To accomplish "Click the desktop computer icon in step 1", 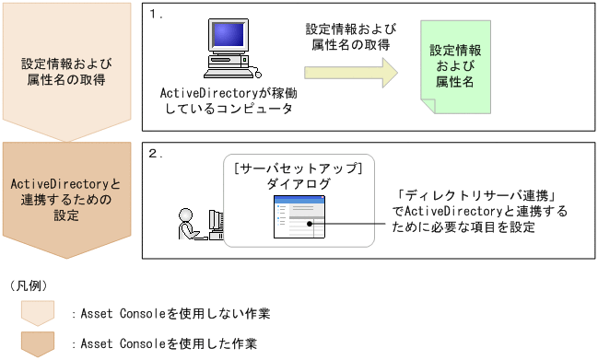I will (227, 51).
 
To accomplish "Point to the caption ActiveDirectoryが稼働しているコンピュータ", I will (227, 100).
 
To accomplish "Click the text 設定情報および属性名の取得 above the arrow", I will (346, 36).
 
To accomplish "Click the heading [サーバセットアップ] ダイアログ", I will (299, 177).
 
